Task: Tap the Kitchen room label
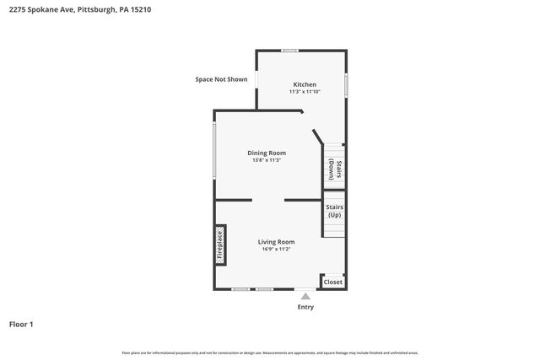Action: tap(305, 84)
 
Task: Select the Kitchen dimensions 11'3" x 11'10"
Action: tap(305, 92)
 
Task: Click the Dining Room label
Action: tap(267, 153)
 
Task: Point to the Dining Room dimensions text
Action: tap(267, 160)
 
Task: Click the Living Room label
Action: tap(276, 242)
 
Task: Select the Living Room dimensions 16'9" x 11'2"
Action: tap(276, 250)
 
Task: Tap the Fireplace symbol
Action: tap(220, 245)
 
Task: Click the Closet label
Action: tap(333, 282)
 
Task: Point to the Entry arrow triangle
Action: tap(305, 296)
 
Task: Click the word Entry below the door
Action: tap(305, 307)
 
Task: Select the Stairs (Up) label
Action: tap(335, 211)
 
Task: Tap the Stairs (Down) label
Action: tap(335, 169)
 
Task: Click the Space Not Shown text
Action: tap(221, 79)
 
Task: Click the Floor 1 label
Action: tap(21, 324)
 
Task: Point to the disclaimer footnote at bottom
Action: tap(270, 352)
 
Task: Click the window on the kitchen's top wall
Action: tap(290, 51)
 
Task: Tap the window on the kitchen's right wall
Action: tap(346, 84)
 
